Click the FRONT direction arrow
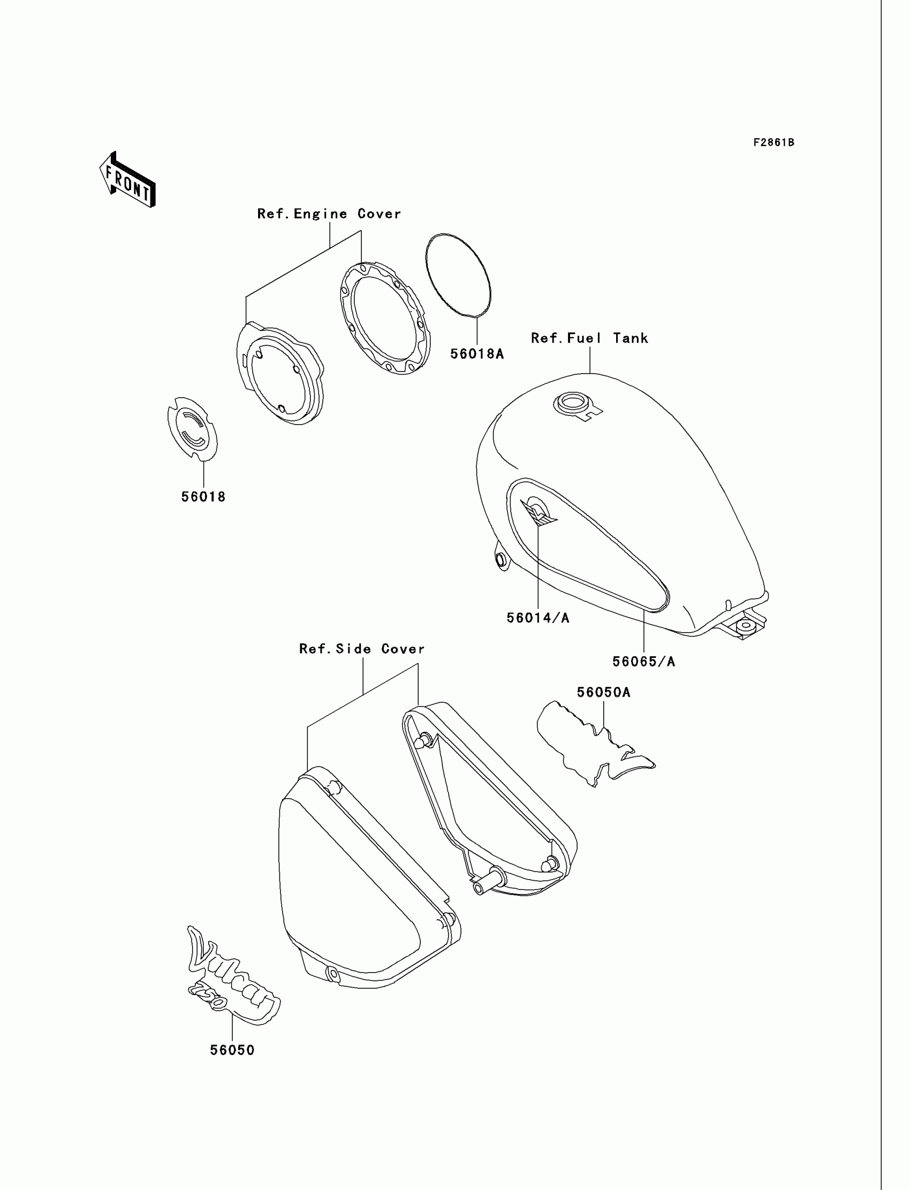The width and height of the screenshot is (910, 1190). tap(128, 180)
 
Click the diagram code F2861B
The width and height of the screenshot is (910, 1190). tap(773, 142)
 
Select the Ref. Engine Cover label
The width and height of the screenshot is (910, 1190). tap(329, 214)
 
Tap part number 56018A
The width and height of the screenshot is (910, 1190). tap(476, 354)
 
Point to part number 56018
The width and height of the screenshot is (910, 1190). tap(203, 497)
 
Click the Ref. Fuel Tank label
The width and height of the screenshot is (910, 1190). tap(589, 338)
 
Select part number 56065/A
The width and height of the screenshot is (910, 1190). tap(643, 661)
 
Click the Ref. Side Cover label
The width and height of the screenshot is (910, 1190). tap(362, 649)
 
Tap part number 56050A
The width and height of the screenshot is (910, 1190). tap(603, 692)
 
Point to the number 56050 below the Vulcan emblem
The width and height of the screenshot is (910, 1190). tap(232, 1050)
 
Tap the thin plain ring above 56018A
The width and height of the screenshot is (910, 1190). tap(458, 275)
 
